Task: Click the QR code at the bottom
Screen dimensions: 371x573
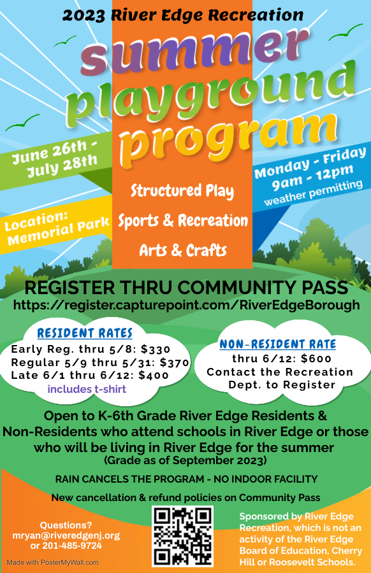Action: [x=182, y=536]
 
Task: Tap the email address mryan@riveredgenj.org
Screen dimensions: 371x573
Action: [x=66, y=535]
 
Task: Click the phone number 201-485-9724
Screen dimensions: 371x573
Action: [x=72, y=546]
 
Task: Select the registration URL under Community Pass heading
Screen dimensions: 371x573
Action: [x=187, y=305]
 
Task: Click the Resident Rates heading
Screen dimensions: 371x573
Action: [x=85, y=333]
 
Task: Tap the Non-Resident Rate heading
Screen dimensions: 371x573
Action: [x=278, y=344]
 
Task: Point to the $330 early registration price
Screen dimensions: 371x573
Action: [x=156, y=350]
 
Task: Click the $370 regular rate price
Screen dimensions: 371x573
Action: [x=175, y=362]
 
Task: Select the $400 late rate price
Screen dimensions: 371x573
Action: [x=154, y=375]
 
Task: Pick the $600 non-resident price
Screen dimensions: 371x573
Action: [x=316, y=359]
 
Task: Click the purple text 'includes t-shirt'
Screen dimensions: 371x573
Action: [x=87, y=389]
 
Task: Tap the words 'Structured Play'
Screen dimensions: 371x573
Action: [x=182, y=191]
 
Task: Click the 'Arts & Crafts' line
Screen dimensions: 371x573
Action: [x=183, y=250]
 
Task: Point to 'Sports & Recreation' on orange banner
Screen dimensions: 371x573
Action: [x=183, y=221]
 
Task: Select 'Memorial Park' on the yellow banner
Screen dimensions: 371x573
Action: [x=58, y=231]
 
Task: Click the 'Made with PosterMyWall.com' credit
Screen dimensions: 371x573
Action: [x=53, y=562]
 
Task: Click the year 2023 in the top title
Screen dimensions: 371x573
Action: [x=84, y=15]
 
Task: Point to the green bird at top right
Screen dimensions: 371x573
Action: [x=346, y=32]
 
